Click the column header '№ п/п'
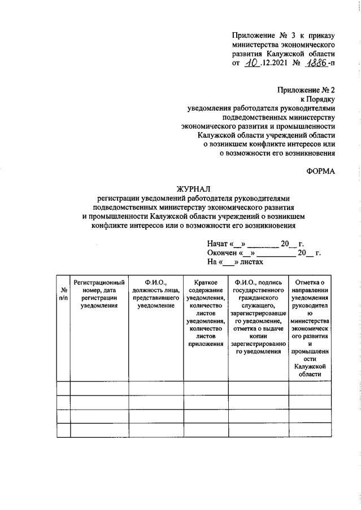pyautogui.click(x=63, y=293)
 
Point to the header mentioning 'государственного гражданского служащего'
pyautogui.click(x=258, y=316)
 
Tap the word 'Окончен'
pyautogui.click(x=223, y=253)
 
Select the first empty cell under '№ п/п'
pyautogui.click(x=63, y=388)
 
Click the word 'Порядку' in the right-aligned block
pyautogui.click(x=320, y=99)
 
